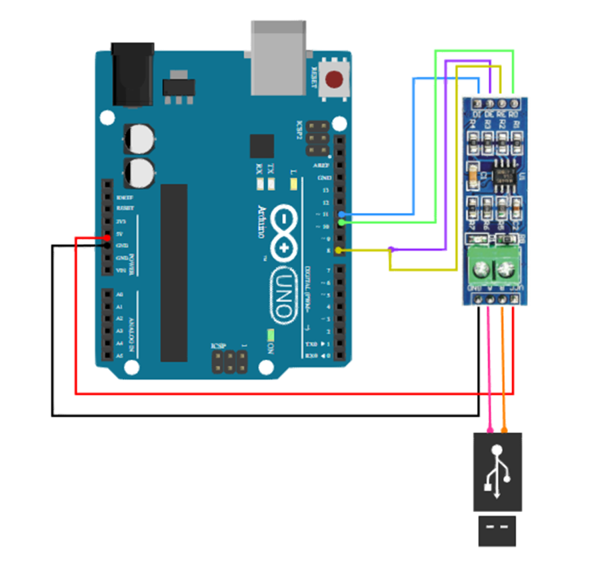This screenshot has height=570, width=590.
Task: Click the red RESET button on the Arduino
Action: (x=334, y=81)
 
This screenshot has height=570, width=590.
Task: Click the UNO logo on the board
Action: (x=285, y=296)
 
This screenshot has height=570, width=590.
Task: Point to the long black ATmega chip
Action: (x=173, y=273)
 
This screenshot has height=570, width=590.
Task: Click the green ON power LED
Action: (x=271, y=335)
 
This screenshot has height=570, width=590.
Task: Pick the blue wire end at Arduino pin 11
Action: (x=341, y=214)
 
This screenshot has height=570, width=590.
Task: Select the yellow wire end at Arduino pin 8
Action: (x=341, y=250)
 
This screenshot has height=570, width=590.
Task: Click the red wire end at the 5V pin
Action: (x=107, y=238)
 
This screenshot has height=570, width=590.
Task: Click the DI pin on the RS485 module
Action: (x=477, y=105)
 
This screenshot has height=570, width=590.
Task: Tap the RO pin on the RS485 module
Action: (x=513, y=105)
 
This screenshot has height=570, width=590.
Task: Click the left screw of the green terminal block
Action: (x=481, y=270)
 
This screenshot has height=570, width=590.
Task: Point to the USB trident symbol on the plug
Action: (x=498, y=469)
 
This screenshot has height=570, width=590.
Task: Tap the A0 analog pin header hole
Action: (x=107, y=294)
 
